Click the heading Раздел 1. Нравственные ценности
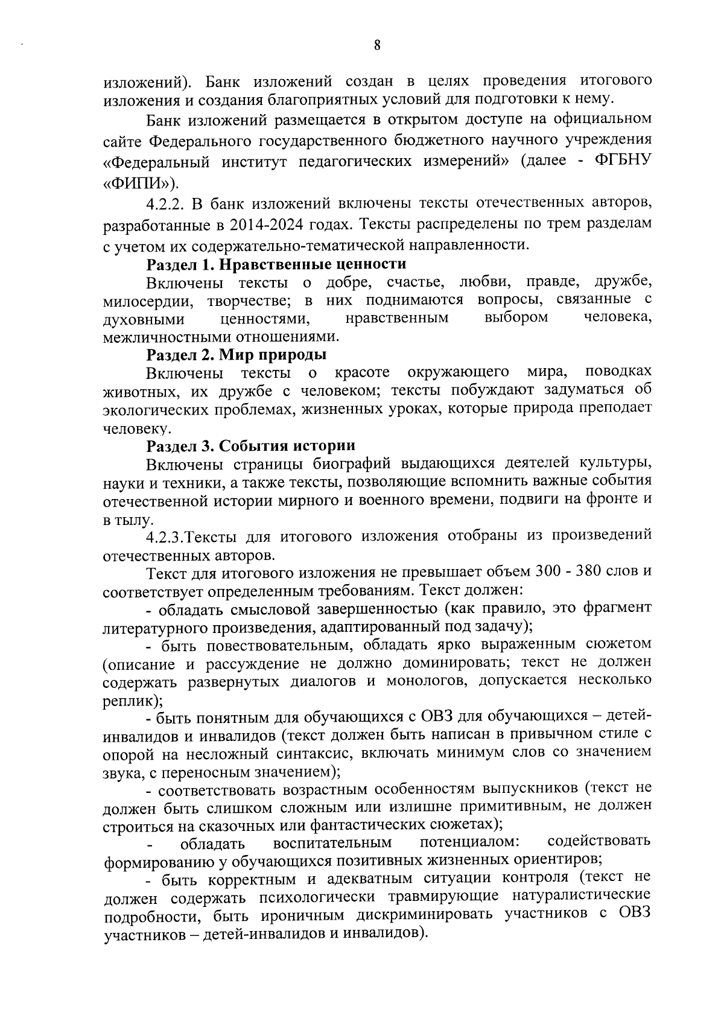point(276,264)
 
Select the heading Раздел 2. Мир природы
point(237,354)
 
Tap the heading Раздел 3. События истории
point(251,445)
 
